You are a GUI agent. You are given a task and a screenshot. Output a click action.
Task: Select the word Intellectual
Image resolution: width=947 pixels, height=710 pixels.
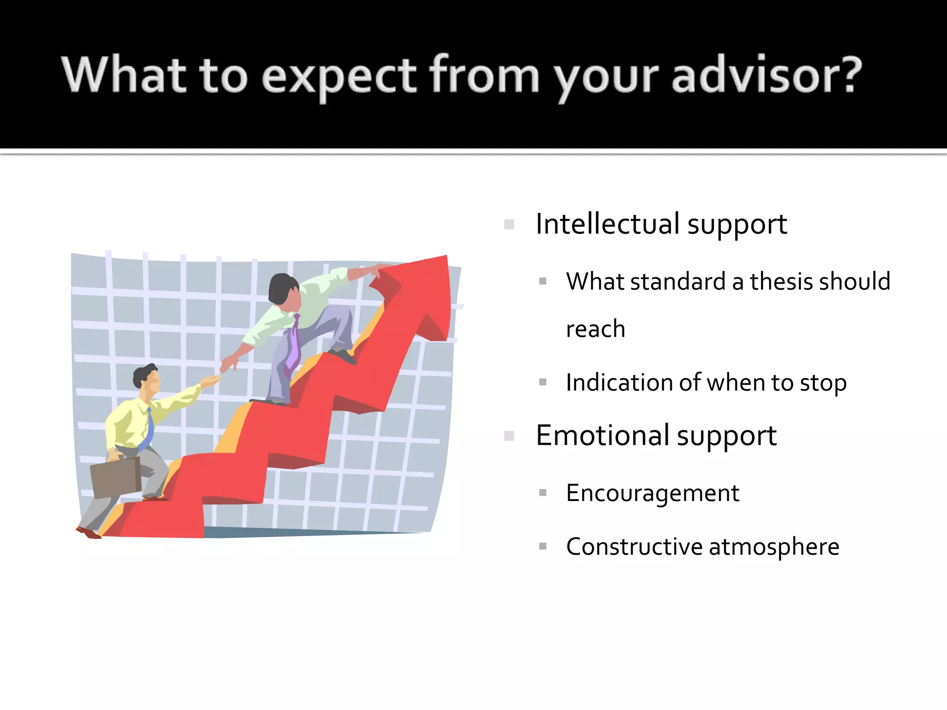point(607,224)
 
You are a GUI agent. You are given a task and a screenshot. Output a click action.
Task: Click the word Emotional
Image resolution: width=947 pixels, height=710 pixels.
point(603,435)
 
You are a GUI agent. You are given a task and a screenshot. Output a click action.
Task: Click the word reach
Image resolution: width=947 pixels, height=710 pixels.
point(595,329)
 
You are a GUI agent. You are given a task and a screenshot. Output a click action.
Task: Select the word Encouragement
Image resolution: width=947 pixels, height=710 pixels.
point(652,493)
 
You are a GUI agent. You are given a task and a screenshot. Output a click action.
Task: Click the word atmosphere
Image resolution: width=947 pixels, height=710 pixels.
point(774,547)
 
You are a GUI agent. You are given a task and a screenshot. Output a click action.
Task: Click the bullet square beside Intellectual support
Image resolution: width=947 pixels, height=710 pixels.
point(509,225)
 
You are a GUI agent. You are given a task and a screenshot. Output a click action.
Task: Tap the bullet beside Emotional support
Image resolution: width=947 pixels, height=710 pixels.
point(509,436)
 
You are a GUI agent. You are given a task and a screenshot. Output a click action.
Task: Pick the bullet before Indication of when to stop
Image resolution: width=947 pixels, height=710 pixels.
point(543,382)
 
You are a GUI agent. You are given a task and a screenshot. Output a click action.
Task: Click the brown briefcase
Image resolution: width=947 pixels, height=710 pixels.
point(116,477)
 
